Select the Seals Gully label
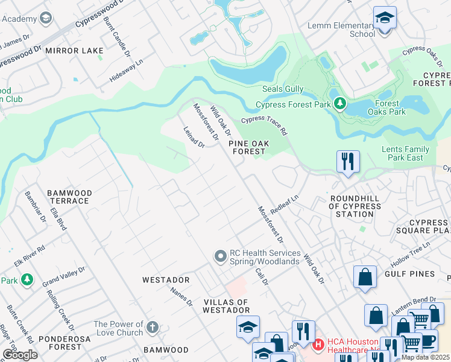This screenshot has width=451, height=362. [x=283, y=89]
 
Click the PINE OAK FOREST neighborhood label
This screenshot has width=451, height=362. [x=247, y=147]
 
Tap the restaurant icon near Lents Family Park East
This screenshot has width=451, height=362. [x=348, y=162]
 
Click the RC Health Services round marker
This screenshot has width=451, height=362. [x=220, y=256]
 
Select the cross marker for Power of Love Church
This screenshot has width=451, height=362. [x=153, y=328]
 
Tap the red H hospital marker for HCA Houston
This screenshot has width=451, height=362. [x=318, y=345]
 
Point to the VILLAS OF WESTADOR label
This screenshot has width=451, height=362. [x=219, y=306]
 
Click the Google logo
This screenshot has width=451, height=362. [x=19, y=355]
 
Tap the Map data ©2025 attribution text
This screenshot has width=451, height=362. [x=425, y=357]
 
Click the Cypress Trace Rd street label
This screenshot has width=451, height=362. [x=264, y=125]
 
